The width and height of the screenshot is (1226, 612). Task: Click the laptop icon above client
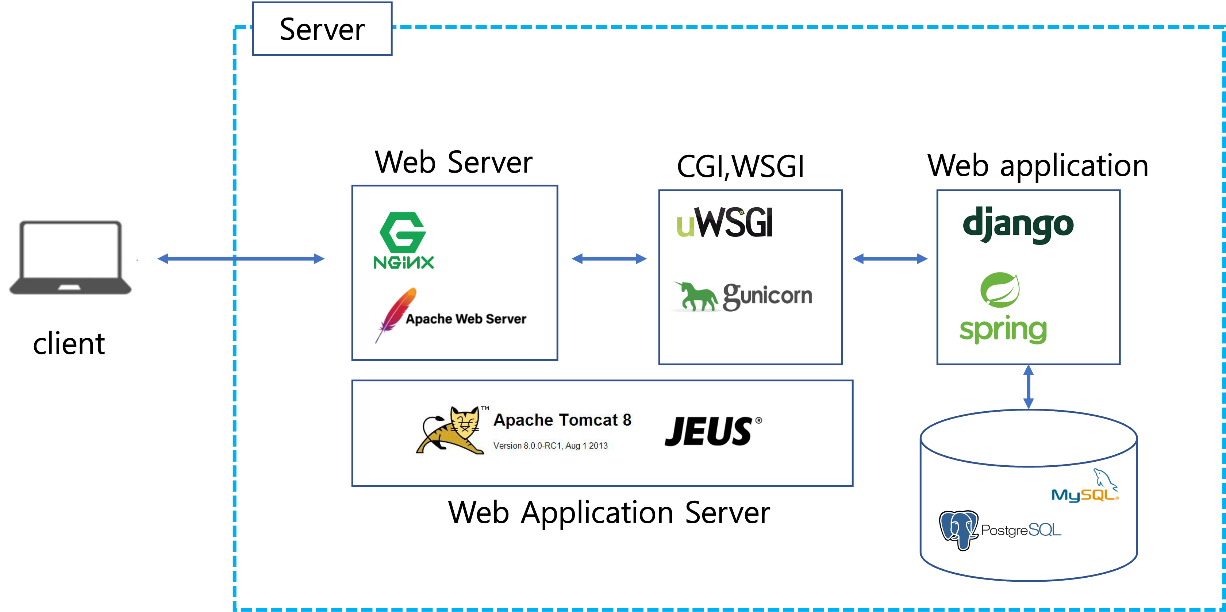click(x=70, y=257)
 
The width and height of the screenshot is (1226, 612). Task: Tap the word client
click(x=69, y=344)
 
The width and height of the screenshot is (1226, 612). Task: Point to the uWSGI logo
click(x=725, y=222)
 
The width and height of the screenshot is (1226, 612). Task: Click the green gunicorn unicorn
click(x=696, y=296)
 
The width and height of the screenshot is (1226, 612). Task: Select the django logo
click(x=1018, y=225)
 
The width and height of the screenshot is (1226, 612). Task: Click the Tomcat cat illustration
click(x=450, y=430)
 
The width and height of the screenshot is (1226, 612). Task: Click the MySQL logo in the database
click(x=1085, y=486)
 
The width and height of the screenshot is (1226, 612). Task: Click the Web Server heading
click(x=454, y=162)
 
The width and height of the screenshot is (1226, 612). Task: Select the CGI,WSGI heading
click(x=741, y=166)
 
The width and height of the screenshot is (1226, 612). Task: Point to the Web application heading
click(x=1038, y=166)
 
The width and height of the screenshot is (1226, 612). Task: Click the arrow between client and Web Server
click(x=241, y=259)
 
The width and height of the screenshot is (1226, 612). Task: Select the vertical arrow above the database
click(x=1029, y=387)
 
